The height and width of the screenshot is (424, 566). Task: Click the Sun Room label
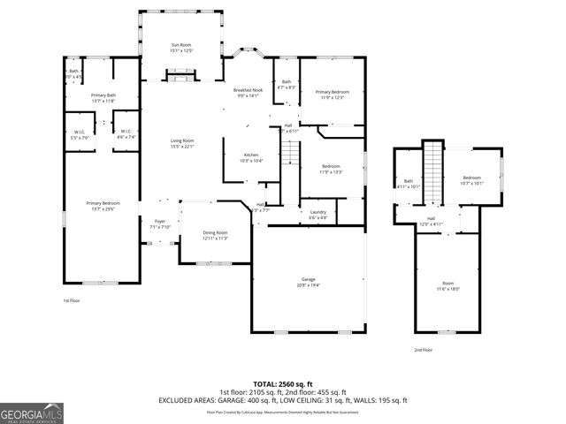[x=180, y=48]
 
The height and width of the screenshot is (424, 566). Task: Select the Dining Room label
[x=216, y=236]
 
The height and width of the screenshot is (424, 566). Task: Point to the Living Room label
[x=182, y=144]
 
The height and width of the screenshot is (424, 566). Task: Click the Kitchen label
[x=251, y=158]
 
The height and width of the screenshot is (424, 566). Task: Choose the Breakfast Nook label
[x=248, y=93]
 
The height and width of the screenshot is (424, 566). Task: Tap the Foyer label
[x=160, y=223]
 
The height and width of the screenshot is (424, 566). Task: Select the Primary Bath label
[x=103, y=98]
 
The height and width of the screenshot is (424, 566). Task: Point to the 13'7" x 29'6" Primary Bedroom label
[x=103, y=207]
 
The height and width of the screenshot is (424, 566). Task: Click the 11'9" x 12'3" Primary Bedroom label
[x=333, y=95]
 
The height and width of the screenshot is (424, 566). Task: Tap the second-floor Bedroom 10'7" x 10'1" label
[x=472, y=181]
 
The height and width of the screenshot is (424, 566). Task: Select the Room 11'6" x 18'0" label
[x=447, y=285]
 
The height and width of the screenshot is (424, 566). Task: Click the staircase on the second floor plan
[x=432, y=173]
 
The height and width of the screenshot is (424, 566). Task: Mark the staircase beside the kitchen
[x=289, y=160]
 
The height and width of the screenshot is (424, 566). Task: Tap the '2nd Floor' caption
[x=424, y=350]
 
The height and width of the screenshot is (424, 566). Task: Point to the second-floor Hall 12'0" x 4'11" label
[x=432, y=222]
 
